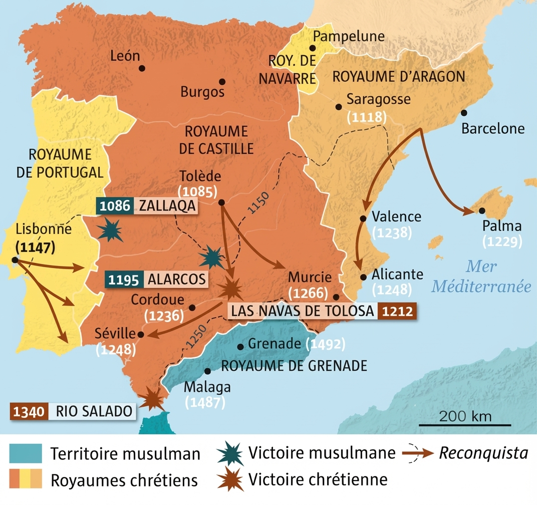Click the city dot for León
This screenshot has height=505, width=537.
142,68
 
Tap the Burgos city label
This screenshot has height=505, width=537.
202,92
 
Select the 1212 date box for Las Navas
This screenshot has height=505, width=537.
396,311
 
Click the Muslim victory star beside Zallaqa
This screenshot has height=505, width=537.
110,230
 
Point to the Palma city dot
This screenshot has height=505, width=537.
481,211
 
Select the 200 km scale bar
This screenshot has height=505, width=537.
465,424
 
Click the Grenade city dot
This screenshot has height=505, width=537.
240,346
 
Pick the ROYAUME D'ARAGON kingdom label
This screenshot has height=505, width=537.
399,77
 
